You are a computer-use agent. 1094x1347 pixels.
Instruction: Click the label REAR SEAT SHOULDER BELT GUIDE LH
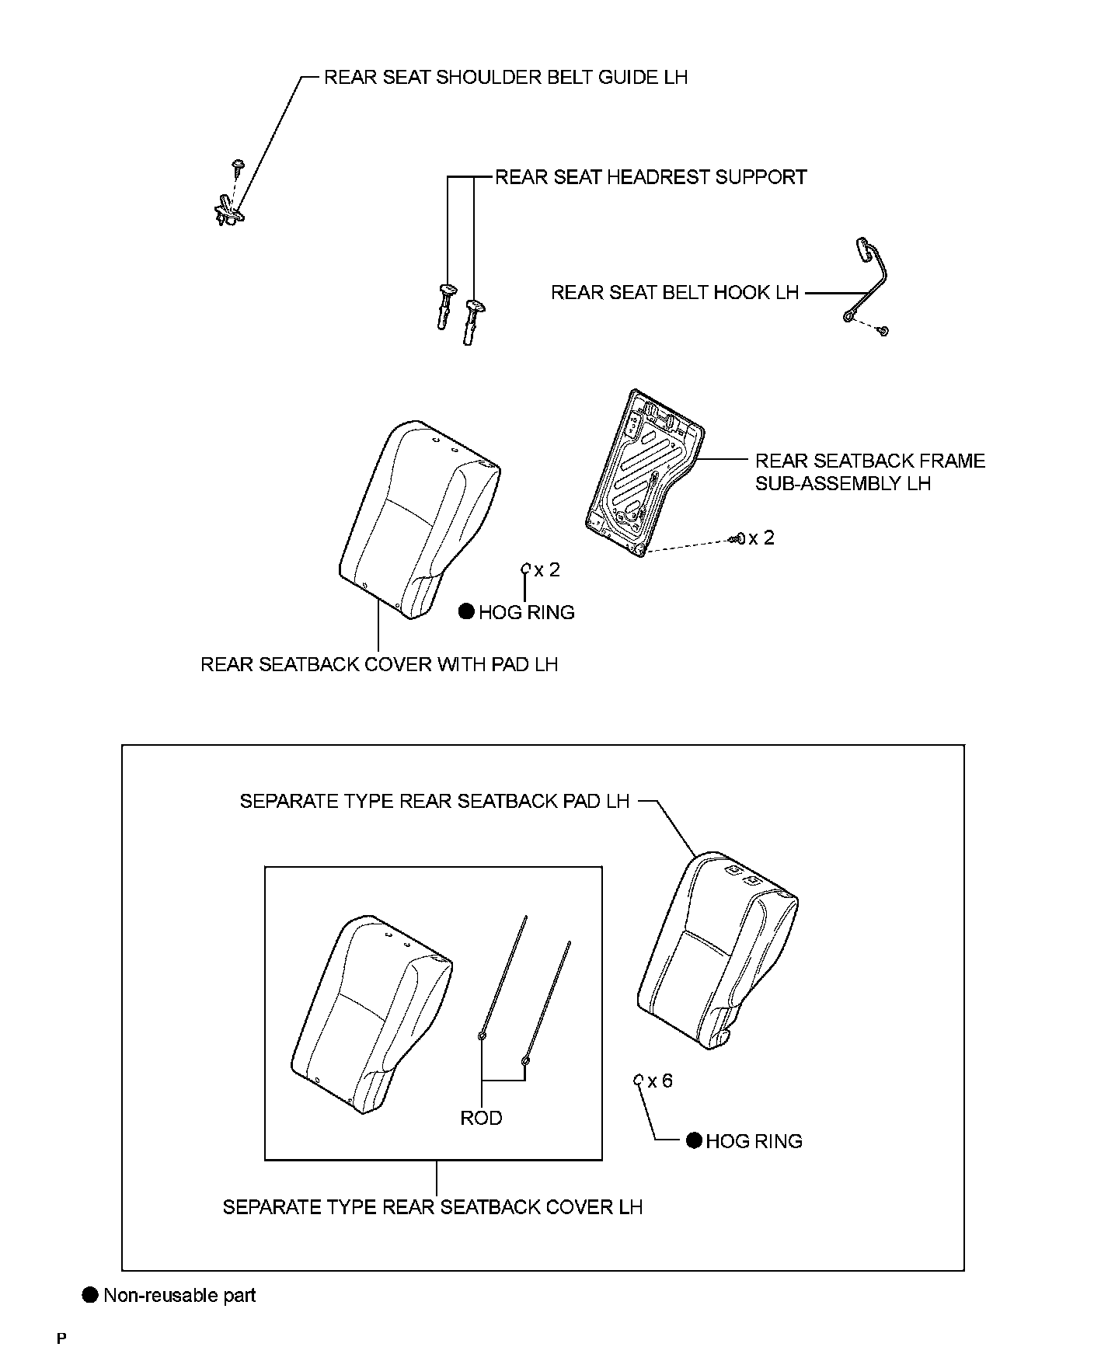(x=505, y=78)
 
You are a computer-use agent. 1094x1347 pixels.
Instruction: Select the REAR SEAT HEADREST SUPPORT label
(x=650, y=177)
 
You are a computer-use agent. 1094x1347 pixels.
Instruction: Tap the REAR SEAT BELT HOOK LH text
(x=674, y=293)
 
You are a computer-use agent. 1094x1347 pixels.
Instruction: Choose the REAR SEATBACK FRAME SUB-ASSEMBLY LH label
(x=869, y=472)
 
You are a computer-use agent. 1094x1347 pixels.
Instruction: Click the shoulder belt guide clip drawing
(x=229, y=211)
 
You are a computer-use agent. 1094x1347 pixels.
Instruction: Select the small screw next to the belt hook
(x=883, y=332)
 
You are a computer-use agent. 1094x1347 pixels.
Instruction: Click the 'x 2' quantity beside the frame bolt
(x=761, y=538)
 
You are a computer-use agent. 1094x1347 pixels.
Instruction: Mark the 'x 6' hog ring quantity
(x=660, y=1081)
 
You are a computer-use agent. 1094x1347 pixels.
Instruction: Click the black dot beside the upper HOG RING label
(x=466, y=612)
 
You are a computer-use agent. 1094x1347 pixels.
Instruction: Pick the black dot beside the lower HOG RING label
(x=694, y=1140)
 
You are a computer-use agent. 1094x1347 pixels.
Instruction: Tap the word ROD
(x=481, y=1118)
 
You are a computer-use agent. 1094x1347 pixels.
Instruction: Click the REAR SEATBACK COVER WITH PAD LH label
(x=379, y=664)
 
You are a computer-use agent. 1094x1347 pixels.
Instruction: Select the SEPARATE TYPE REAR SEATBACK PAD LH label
(x=434, y=801)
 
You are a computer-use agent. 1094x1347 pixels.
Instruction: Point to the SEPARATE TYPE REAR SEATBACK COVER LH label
(x=433, y=1206)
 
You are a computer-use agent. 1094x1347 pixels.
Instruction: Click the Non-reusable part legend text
(x=179, y=1295)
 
